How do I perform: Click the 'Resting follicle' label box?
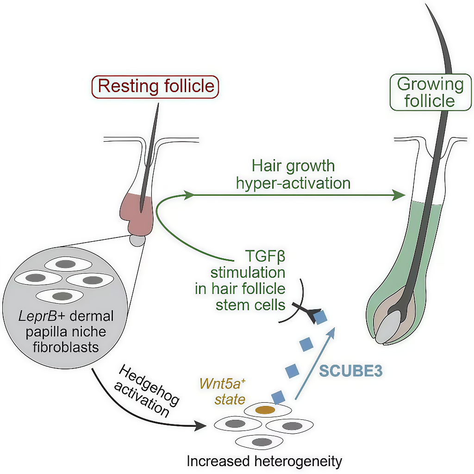pyautogui.click(x=156, y=87)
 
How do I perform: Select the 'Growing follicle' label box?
pyautogui.click(x=430, y=93)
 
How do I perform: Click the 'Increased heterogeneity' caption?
pyautogui.click(x=264, y=461)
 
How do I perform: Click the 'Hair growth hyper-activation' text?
pyautogui.click(x=293, y=175)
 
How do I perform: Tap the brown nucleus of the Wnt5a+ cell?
pyautogui.click(x=265, y=410)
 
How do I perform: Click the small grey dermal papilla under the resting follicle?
pyautogui.click(x=137, y=240)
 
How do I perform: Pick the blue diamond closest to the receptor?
pyautogui.click(x=320, y=316)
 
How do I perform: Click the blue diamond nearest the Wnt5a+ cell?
pyautogui.click(x=278, y=397)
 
